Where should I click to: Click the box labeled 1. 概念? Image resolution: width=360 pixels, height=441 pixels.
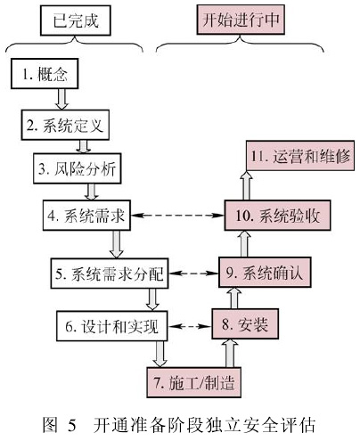pyautogui.click(x=45, y=74)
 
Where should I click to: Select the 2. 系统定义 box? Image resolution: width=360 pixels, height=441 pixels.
pyautogui.click(x=65, y=125)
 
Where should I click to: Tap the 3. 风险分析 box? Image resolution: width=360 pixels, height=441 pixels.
pyautogui.click(x=78, y=168)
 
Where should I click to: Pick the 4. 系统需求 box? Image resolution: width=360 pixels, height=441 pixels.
pyautogui.click(x=86, y=216)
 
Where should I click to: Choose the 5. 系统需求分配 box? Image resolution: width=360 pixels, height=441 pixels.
pyautogui.click(x=110, y=274)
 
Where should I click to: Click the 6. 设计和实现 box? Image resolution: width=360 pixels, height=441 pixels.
pyautogui.click(x=111, y=326)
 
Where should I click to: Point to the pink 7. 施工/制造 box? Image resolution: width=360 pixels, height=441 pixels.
pyautogui.click(x=194, y=382)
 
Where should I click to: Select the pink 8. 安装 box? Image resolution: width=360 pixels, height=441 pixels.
pyautogui.click(x=245, y=323)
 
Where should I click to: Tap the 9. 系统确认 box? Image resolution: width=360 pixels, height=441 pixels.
pyautogui.click(x=265, y=273)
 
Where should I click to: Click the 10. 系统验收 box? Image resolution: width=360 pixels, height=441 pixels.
pyautogui.click(x=277, y=216)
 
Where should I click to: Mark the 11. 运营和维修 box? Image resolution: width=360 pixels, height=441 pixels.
pyautogui.click(x=300, y=156)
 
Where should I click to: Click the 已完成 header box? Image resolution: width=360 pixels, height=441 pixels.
pyautogui.click(x=76, y=20)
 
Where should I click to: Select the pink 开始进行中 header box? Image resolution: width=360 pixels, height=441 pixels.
pyautogui.click(x=241, y=20)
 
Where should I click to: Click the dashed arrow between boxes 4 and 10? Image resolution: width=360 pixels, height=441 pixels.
pyautogui.click(x=177, y=216)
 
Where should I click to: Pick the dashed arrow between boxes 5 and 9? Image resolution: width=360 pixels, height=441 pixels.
pyautogui.click(x=193, y=273)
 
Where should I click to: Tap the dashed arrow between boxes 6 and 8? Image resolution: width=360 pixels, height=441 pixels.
pyautogui.click(x=190, y=326)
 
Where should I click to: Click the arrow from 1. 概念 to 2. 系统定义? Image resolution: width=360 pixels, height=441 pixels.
pyautogui.click(x=61, y=99)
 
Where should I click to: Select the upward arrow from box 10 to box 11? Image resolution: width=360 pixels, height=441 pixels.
pyautogui.click(x=246, y=185)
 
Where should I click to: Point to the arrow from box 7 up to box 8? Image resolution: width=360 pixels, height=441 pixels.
pyautogui.click(x=230, y=354)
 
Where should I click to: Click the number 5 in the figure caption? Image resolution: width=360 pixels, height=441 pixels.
pyautogui.click(x=72, y=425)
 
